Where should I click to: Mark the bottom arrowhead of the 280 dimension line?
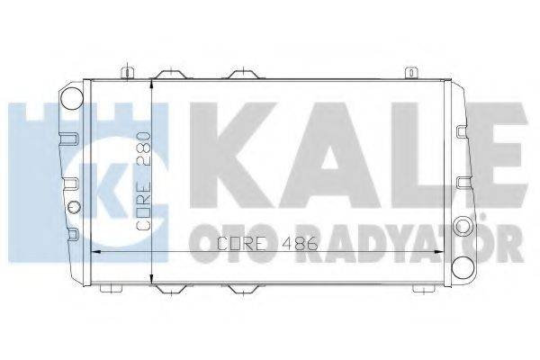[150, 278]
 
